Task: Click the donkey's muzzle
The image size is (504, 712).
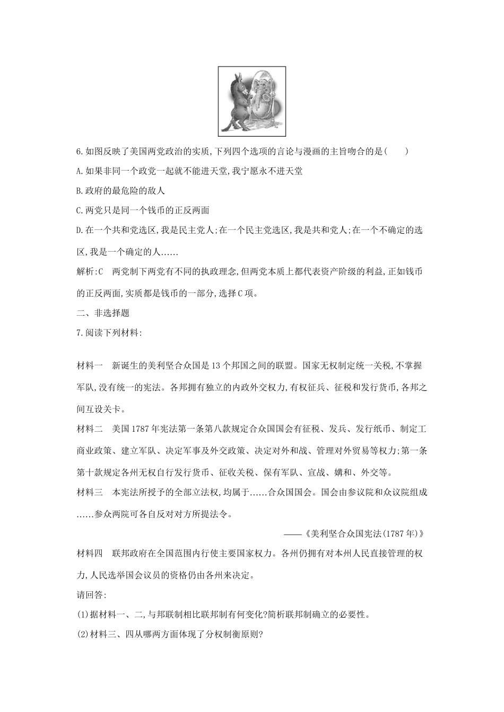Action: point(246,91)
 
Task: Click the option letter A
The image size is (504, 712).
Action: point(80,171)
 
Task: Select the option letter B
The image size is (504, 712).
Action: point(80,191)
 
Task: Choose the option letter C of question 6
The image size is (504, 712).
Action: point(80,210)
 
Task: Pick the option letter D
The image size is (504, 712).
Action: point(80,230)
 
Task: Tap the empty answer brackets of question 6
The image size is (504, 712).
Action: point(396,152)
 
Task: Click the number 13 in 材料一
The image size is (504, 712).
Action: point(215,366)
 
